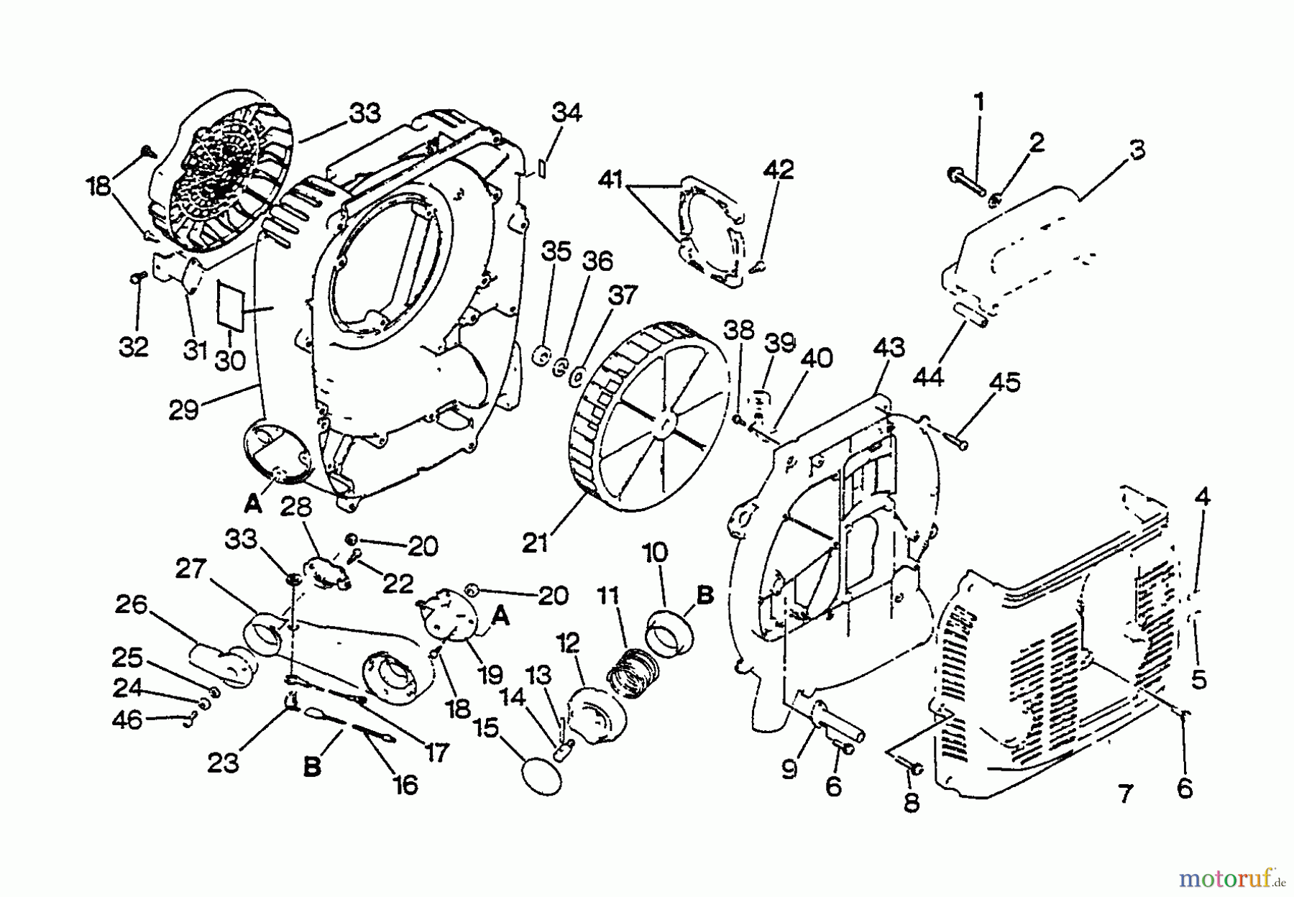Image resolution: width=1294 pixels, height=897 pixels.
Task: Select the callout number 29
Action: (184, 410)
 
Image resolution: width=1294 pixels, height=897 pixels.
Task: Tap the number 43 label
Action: (889, 349)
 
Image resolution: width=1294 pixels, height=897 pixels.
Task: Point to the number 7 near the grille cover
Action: (1125, 794)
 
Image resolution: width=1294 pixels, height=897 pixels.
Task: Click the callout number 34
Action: (566, 114)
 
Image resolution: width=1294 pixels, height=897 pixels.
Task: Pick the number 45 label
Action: (1004, 382)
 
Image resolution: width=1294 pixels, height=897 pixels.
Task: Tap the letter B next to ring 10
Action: (706, 596)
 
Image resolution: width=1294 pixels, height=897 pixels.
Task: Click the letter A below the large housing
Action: (252, 505)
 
